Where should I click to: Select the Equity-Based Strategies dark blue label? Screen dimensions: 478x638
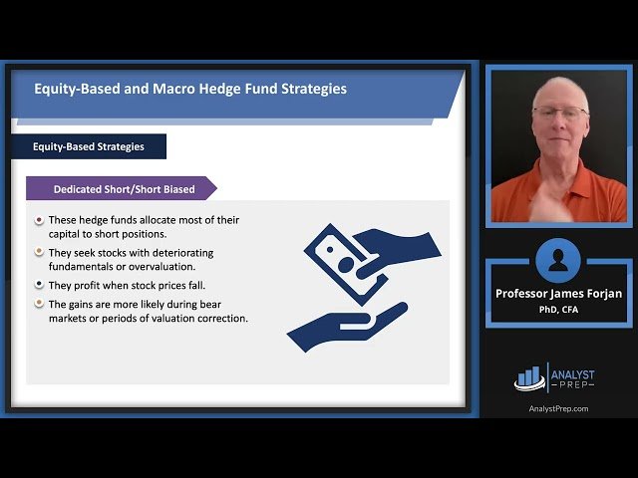click(88, 146)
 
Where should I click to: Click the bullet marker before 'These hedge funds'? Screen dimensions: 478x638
click(39, 220)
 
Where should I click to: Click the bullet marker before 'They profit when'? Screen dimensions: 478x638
click(39, 285)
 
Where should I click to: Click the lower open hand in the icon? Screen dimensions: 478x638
click(344, 324)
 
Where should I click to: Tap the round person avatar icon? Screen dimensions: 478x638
click(557, 261)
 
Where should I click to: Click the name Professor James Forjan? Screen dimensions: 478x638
click(558, 294)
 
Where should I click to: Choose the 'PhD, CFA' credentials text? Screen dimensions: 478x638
click(558, 309)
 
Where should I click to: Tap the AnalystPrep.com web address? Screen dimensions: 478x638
click(558, 408)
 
